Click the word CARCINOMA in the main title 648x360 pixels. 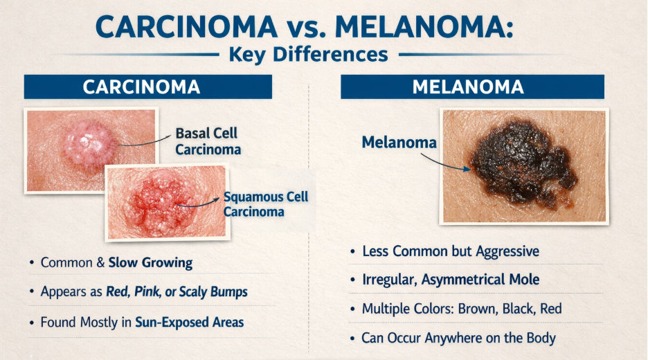coord(186,27)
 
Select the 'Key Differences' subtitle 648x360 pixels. coord(308,54)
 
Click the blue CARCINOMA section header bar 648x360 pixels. coord(148,87)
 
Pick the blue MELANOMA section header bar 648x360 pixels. coord(472,87)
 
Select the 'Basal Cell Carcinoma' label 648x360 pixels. coord(208,141)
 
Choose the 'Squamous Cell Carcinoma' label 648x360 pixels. coord(266,204)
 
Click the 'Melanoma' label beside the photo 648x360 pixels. coord(399,143)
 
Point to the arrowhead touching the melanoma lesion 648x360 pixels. coord(467,169)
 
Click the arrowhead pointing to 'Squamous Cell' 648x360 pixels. coord(216,199)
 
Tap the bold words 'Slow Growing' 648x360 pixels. coord(150,263)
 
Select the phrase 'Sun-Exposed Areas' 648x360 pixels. coord(190,322)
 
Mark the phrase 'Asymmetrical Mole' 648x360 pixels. coord(480,280)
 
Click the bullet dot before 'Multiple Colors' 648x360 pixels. coord(352,309)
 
